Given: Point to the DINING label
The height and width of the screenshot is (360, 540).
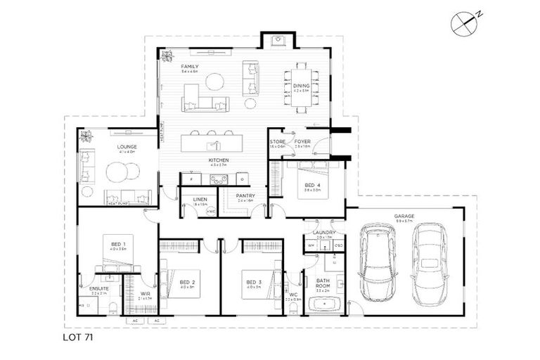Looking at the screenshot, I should (301, 86).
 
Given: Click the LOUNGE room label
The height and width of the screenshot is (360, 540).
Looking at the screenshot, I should (127, 147).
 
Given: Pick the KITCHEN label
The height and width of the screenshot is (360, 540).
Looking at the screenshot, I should (219, 161).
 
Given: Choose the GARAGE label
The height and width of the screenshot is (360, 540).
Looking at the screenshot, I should (404, 217).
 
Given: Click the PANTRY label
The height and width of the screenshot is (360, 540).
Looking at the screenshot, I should (245, 196).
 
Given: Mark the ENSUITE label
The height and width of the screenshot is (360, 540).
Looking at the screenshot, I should (98, 288).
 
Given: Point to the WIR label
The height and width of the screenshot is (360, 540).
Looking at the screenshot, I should (145, 294).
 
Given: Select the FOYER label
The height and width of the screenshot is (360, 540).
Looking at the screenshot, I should (302, 141).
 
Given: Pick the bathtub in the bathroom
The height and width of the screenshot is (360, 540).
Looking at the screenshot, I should (323, 304).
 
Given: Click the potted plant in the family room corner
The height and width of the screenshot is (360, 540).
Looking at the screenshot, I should (167, 55).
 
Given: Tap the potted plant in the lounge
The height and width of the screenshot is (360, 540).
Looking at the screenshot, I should (86, 136).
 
